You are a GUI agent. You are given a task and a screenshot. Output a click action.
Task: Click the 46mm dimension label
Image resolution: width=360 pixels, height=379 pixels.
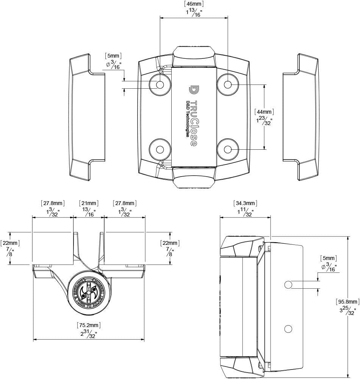click(194, 4)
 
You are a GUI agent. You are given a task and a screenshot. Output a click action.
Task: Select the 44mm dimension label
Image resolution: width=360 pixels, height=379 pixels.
click(264, 112)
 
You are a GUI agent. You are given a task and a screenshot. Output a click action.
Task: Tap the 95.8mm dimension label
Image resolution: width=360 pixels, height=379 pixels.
click(347, 302)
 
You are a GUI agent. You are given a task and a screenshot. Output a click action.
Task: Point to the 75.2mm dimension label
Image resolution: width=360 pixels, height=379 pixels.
click(89, 325)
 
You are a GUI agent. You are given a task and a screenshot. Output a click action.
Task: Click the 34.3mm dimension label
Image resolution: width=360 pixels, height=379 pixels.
click(246, 204)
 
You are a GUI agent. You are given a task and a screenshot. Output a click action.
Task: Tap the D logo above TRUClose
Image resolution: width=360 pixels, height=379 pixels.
click(193, 90)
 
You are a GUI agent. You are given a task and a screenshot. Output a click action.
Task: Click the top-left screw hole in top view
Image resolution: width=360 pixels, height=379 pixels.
click(160, 84)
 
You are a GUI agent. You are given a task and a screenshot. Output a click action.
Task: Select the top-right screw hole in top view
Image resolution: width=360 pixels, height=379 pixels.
click(228, 84)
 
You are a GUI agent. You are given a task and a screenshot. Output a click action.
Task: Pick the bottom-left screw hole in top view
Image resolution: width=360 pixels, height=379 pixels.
click(160, 149)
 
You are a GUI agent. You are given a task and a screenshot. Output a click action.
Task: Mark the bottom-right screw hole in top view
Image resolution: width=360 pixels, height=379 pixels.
click(228, 149)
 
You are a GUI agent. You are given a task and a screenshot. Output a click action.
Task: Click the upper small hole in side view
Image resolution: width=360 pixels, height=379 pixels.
click(288, 284)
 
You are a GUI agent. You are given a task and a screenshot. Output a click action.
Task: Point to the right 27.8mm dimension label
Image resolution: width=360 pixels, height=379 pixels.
click(125, 204)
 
